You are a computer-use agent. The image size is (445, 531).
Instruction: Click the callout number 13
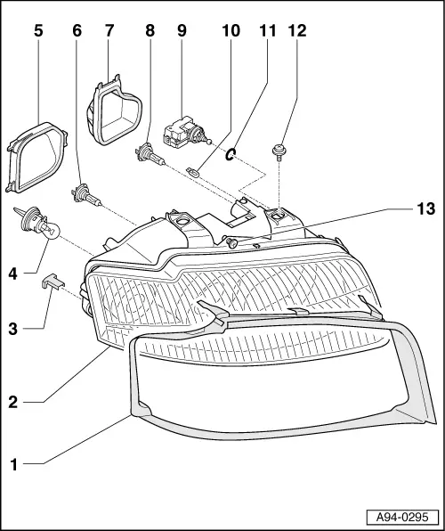tap(425, 209)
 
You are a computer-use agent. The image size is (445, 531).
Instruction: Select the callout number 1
tap(13, 465)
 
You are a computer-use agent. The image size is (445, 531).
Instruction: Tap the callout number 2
tap(12, 403)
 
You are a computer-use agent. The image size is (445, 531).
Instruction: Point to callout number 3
tap(12, 329)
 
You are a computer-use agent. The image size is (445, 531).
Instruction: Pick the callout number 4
tap(12, 274)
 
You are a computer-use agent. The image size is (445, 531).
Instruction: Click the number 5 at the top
tap(38, 31)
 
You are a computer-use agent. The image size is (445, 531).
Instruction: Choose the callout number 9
tap(182, 31)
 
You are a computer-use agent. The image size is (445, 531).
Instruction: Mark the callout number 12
tap(297, 31)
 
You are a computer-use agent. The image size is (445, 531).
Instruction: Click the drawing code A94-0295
tap(402, 517)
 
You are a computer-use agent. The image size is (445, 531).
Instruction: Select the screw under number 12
tap(279, 151)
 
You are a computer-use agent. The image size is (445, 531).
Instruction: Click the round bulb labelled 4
tap(39, 225)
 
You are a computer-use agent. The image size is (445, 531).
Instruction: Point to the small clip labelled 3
tap(53, 282)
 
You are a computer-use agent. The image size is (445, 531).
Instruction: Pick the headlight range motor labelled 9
tap(184, 133)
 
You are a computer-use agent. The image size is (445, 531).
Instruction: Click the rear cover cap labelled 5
tap(36, 158)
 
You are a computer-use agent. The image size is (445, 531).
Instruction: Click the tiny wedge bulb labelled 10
tap(193, 171)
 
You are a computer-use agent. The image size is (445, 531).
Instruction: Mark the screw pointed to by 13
tap(231, 242)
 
